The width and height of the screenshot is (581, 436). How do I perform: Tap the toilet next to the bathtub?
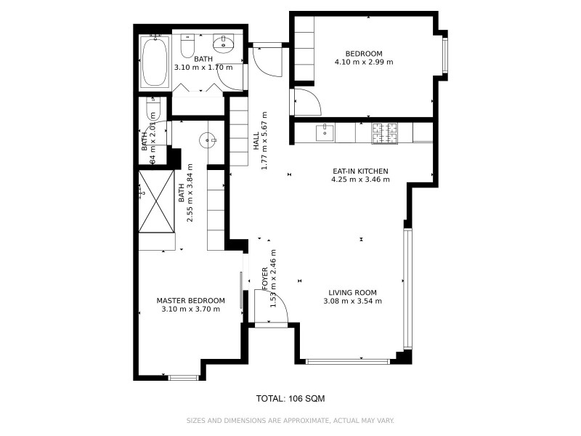[188, 47]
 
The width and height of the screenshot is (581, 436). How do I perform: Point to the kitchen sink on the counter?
[325, 132]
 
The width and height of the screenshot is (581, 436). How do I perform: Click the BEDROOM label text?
[363, 53]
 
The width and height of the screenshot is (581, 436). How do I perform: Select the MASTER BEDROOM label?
[191, 300]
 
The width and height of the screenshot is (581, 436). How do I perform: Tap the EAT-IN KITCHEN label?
[360, 171]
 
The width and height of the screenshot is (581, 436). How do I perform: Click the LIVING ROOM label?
[352, 293]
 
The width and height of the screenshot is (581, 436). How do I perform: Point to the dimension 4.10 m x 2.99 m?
[363, 62]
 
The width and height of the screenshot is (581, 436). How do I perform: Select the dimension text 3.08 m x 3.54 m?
[352, 301]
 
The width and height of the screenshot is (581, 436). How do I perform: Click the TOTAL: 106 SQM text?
[290, 398]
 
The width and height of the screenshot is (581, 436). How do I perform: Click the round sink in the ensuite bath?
[210, 138]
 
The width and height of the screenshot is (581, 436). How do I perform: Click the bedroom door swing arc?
[305, 101]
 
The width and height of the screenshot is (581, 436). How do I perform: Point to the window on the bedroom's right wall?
[445, 55]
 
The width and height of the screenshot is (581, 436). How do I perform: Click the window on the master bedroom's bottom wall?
[183, 376]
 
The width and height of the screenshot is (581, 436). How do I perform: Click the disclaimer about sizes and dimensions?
[290, 420]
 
